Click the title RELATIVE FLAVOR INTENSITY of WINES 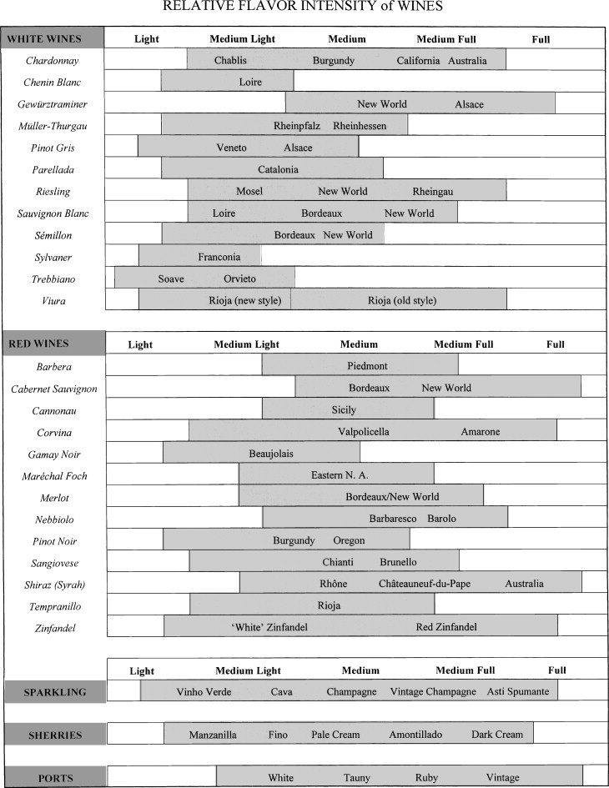[302, 7]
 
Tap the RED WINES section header [38, 343]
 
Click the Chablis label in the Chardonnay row [230, 61]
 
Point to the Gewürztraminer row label [53, 104]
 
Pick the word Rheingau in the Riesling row [433, 191]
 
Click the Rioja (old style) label [402, 300]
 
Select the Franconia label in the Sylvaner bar [219, 257]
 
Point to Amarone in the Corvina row [481, 432]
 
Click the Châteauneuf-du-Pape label [425, 584]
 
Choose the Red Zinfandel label [446, 627]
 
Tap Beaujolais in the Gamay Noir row [271, 454]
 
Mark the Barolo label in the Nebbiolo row [442, 519]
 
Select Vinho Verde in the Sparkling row [204, 692]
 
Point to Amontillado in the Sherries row [415, 735]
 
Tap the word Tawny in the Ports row [356, 778]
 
